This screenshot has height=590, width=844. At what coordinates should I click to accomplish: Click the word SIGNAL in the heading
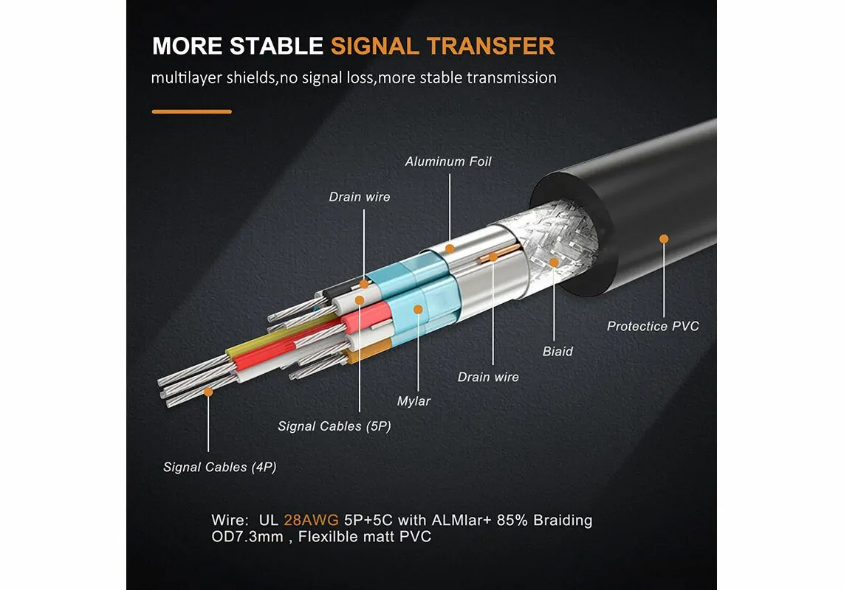pyautogui.click(x=376, y=46)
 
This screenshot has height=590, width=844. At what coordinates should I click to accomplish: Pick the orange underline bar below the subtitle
pyautogui.click(x=191, y=111)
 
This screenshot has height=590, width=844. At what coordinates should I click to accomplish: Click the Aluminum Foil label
pyautogui.click(x=447, y=162)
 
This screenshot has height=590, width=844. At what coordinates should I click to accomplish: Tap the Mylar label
pyautogui.click(x=414, y=401)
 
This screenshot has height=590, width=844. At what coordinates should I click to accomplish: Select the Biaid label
pyautogui.click(x=557, y=351)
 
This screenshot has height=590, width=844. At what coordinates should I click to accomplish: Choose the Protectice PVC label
pyautogui.click(x=653, y=326)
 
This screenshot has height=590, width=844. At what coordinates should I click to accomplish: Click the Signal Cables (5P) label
pyautogui.click(x=334, y=426)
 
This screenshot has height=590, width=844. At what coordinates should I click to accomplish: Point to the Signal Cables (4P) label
pyautogui.click(x=220, y=467)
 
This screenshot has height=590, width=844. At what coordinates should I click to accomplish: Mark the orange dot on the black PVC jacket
pyautogui.click(x=664, y=238)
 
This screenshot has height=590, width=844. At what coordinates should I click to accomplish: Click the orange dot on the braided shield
pyautogui.click(x=555, y=260)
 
